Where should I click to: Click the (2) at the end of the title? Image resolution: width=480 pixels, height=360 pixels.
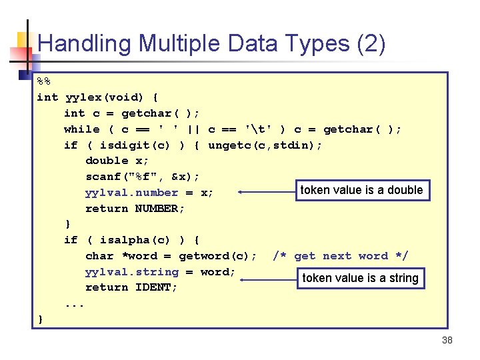(x=371, y=44)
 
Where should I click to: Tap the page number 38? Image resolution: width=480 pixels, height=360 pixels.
(x=447, y=340)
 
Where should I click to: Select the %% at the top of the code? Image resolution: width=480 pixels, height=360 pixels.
(x=43, y=81)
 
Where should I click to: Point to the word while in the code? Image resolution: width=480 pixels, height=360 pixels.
(x=81, y=129)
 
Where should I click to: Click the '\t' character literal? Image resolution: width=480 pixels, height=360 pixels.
(x=257, y=129)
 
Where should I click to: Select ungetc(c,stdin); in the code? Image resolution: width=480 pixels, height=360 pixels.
(x=265, y=145)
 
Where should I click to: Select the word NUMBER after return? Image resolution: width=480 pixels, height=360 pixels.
(x=160, y=209)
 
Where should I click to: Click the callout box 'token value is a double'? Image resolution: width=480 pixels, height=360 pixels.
(x=361, y=191)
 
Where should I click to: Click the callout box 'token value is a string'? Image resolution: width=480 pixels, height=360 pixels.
(x=361, y=278)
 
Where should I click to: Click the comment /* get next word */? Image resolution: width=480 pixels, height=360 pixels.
(x=341, y=256)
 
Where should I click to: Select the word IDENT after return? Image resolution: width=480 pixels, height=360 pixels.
(x=156, y=287)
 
